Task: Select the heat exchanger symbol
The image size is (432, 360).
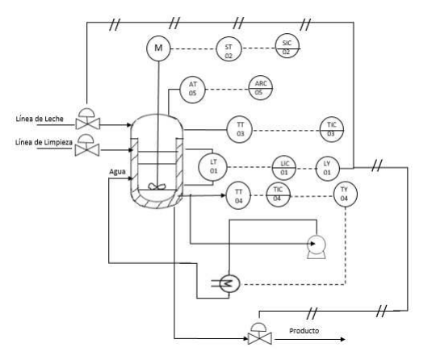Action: click(229, 283)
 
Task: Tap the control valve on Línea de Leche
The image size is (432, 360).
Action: click(88, 119)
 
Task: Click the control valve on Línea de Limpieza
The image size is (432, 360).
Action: click(87, 145)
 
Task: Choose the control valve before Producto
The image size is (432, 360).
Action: click(260, 333)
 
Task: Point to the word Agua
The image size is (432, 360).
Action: click(118, 172)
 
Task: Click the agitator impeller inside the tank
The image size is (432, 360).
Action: click(157, 186)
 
